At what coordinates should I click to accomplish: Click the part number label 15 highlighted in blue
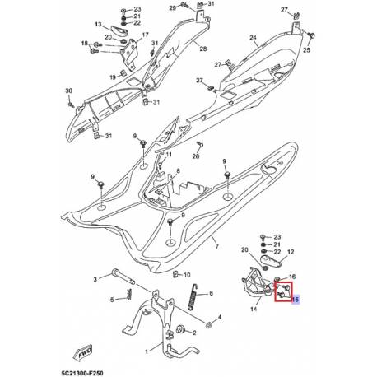click(x=294, y=301)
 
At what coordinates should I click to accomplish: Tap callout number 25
click(x=308, y=49)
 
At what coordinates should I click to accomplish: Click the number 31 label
click(x=209, y=5)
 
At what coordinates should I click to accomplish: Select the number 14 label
click(x=252, y=310)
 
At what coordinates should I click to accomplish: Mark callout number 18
click(x=84, y=44)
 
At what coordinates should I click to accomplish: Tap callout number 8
click(x=175, y=171)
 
